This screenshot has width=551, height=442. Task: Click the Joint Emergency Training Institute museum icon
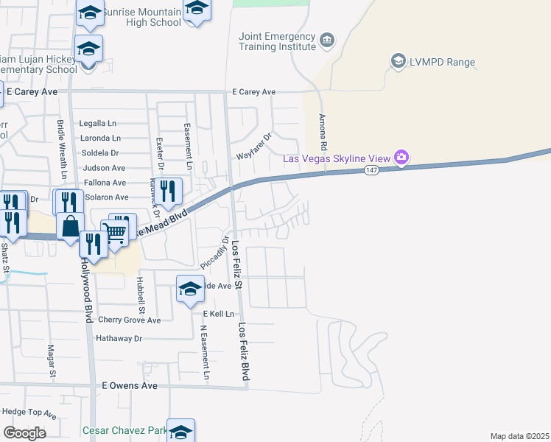328,38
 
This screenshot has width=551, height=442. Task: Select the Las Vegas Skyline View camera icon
401,157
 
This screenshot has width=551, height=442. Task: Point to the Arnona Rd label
322,128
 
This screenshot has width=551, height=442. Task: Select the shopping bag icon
69,228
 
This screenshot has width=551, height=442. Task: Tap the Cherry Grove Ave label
129,320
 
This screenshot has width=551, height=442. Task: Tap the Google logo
24,432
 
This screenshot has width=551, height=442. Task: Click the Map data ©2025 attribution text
519,436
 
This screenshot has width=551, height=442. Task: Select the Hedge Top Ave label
29,413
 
